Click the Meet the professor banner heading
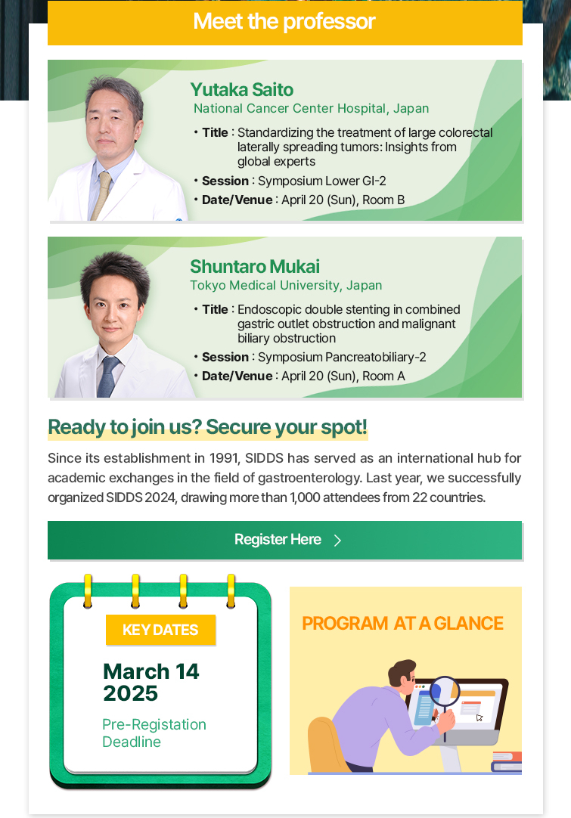click(284, 21)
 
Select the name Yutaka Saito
click(242, 90)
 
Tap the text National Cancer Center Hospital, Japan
click(311, 109)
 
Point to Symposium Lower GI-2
click(322, 181)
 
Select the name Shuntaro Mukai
click(255, 267)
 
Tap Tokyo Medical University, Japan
click(286, 285)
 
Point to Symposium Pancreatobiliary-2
click(342, 358)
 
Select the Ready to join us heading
click(208, 427)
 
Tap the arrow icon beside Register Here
click(338, 540)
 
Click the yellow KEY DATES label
click(161, 630)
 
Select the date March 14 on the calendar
click(151, 671)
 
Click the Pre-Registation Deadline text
click(154, 733)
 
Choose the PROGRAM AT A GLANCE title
click(403, 624)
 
